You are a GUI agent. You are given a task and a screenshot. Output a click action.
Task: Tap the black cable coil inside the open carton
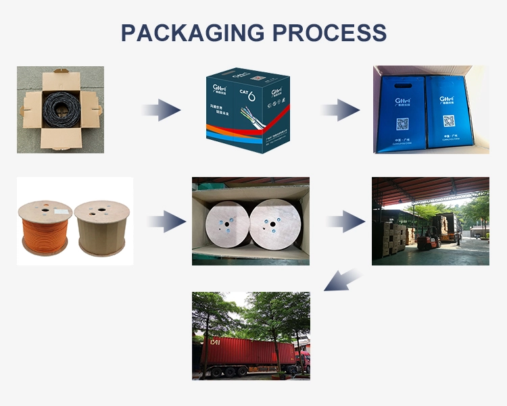point(61,109)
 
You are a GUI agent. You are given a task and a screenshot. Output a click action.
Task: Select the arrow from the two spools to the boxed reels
point(166,221)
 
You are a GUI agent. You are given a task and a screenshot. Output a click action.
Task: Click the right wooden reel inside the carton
point(275,224)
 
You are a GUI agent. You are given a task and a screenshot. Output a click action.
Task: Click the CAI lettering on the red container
point(215,342)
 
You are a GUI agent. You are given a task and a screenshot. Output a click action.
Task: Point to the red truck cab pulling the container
point(303,361)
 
